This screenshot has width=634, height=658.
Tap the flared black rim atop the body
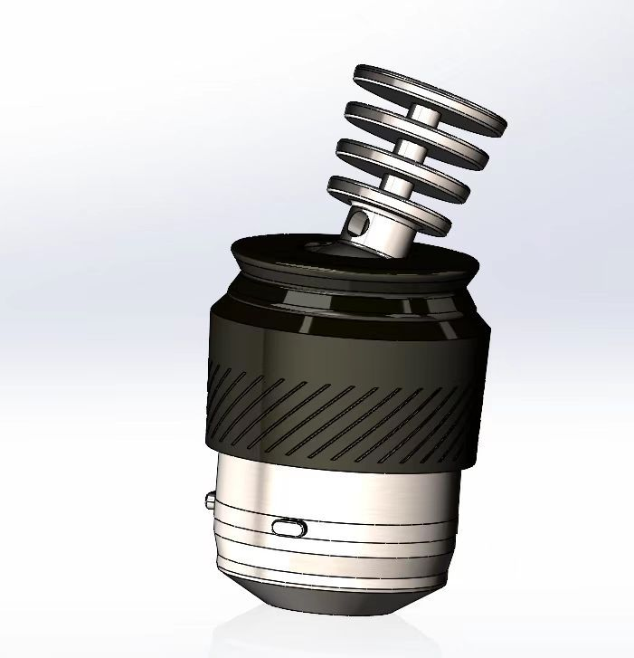click(x=271, y=253)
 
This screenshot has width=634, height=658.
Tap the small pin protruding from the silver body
click(x=209, y=500)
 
